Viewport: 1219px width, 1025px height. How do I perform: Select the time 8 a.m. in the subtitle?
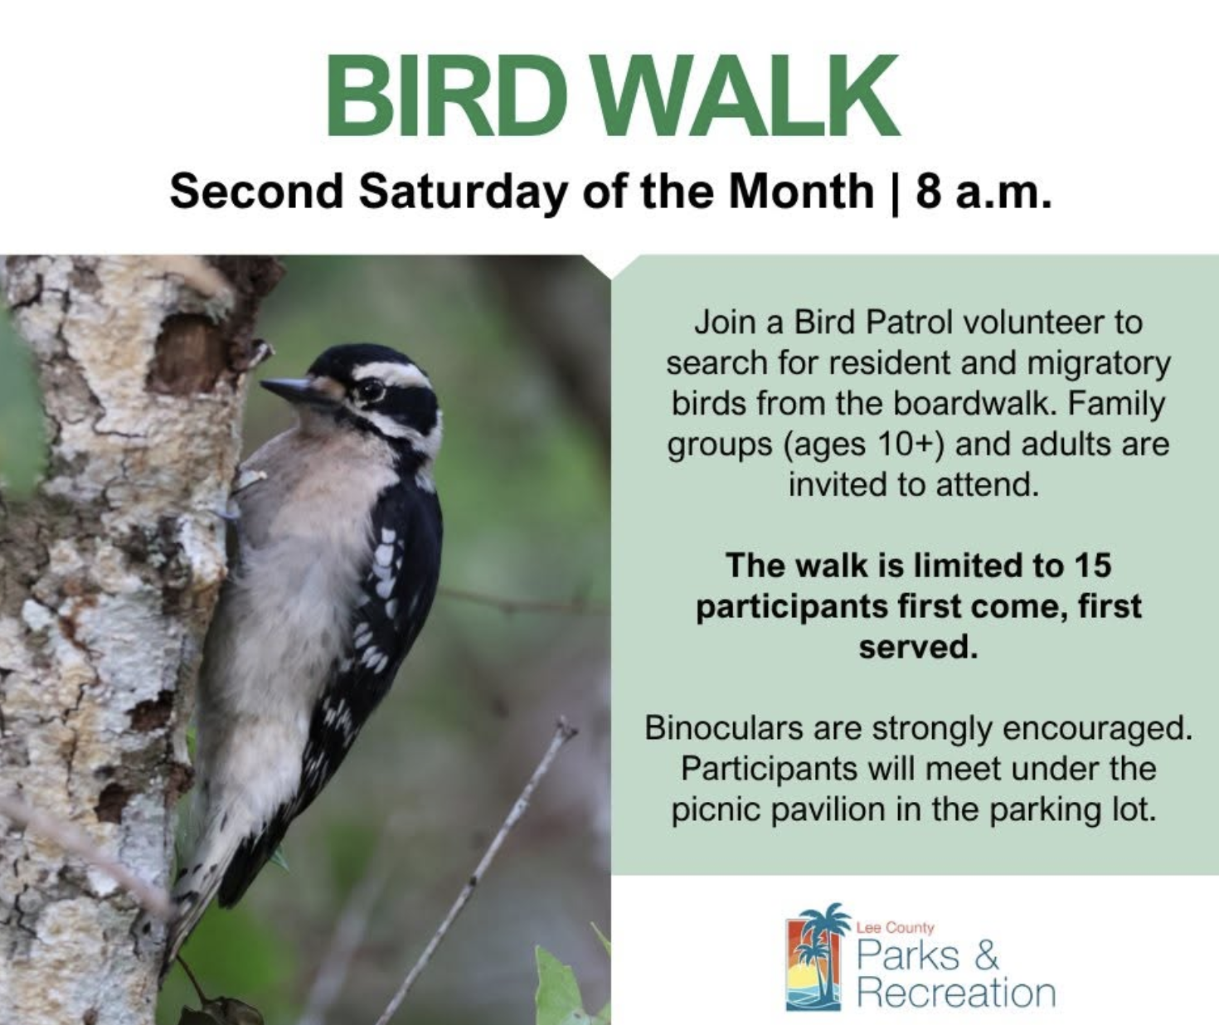coord(984,193)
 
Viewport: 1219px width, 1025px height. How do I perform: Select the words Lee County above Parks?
coord(895,927)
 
